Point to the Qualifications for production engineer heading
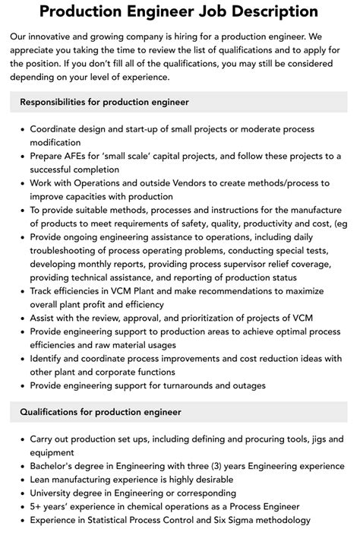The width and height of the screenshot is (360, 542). [100, 413]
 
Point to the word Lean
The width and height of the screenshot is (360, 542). [43, 480]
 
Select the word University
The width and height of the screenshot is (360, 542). [55, 493]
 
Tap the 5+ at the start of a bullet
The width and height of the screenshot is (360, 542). [36, 507]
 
